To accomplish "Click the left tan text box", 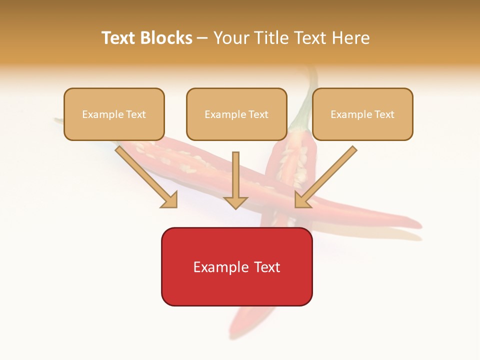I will pos(114,114).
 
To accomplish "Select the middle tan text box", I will pos(236,114).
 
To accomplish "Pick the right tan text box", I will pos(362,114).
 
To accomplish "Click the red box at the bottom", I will pos(236,266).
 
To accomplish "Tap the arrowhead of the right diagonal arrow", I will pos(300,201).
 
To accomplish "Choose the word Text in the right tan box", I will pos(384,114).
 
